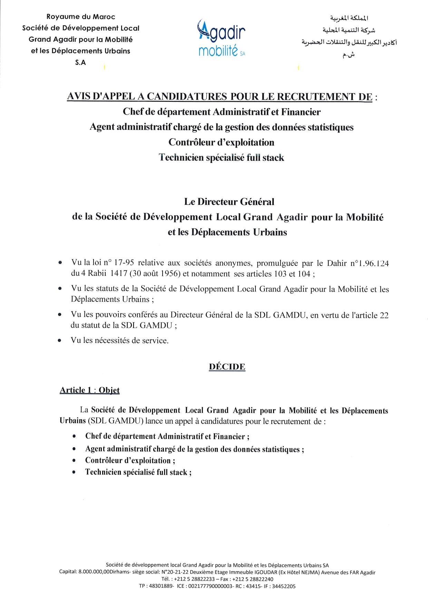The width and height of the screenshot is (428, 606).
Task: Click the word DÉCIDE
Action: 227,367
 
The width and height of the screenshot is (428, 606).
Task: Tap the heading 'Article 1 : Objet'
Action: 89,390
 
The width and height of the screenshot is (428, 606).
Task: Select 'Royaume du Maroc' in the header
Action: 81,17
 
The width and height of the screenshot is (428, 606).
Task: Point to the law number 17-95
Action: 124,263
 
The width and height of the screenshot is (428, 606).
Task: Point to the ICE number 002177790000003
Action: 210,586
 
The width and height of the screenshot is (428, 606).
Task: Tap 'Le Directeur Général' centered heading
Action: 229,202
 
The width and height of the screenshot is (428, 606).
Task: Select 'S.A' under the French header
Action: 80,62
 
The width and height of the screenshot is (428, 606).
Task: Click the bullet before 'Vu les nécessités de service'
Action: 60,341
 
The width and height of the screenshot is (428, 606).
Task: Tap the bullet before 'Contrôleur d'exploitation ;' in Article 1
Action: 74,461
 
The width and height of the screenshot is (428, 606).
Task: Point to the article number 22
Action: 384,315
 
